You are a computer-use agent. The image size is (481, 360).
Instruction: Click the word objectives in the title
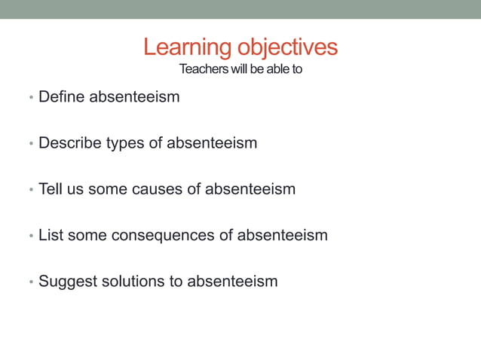pos(287,48)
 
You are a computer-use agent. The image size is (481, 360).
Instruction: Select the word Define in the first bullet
pos(61,96)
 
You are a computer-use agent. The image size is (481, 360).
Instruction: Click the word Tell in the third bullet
pos(50,188)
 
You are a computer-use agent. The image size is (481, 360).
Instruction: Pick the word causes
pos(157,189)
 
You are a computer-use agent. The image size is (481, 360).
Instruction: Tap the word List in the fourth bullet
pos(51,235)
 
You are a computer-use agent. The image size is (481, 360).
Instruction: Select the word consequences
pos(163,235)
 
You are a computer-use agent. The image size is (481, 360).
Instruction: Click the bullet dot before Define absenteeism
pos(30,98)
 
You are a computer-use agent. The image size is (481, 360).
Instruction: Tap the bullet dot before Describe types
pos(30,144)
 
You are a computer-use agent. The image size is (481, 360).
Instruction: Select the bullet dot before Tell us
pos(30,190)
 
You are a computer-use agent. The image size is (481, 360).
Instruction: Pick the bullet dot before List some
pos(30,236)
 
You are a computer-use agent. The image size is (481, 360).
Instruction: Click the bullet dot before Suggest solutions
pos(30,282)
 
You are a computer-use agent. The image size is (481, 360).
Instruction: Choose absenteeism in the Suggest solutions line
pos(232,281)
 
